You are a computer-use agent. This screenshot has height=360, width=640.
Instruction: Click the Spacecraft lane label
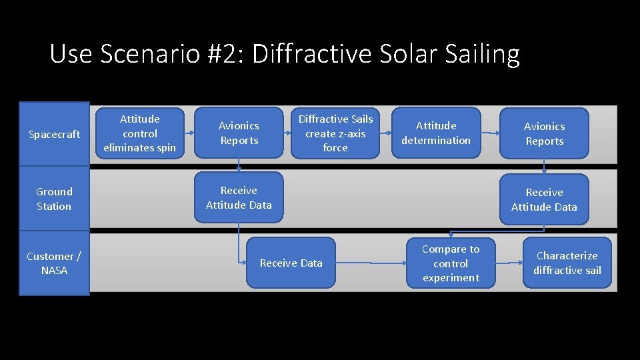[x=54, y=134]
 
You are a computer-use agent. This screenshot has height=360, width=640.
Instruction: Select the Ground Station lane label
[x=54, y=199]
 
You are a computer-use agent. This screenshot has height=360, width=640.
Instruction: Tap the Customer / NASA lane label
[x=54, y=263]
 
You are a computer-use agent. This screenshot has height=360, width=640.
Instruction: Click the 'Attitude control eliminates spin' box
[x=140, y=133]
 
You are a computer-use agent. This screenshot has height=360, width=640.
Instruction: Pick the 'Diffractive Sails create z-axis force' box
[x=335, y=133]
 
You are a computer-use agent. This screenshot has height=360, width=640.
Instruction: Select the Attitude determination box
[x=436, y=133]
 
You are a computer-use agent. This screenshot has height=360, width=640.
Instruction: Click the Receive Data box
[x=291, y=263]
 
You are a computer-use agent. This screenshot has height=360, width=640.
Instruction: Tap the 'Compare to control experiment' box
[x=451, y=263]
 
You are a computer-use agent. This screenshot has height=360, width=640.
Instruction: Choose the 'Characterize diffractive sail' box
[x=567, y=263]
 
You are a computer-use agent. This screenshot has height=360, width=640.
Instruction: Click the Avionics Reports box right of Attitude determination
[x=544, y=133]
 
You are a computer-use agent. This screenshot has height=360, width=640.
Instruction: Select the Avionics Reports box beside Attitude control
[x=239, y=133]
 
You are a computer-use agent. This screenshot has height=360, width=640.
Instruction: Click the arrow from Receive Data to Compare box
[x=371, y=263]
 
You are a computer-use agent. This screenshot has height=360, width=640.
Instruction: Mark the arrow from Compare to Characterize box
[x=509, y=263]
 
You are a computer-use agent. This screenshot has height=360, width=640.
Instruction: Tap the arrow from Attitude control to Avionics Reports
[x=189, y=133]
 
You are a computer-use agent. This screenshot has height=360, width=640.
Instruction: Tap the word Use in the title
[x=71, y=54]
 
